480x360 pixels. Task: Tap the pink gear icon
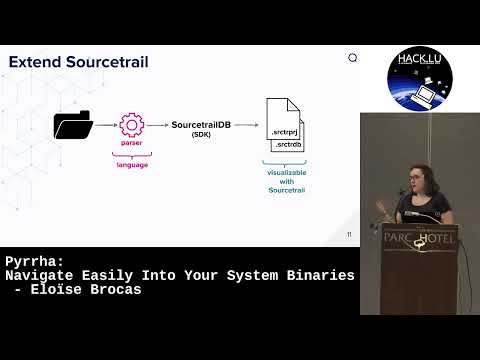(x=132, y=125)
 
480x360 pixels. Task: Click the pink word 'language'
(x=132, y=165)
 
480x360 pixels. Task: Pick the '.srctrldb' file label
(x=289, y=144)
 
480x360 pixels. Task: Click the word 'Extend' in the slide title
(x=38, y=62)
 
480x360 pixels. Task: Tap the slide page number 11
(x=349, y=235)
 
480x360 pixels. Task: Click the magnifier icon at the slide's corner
(x=352, y=58)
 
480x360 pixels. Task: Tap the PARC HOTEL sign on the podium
(x=420, y=240)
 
